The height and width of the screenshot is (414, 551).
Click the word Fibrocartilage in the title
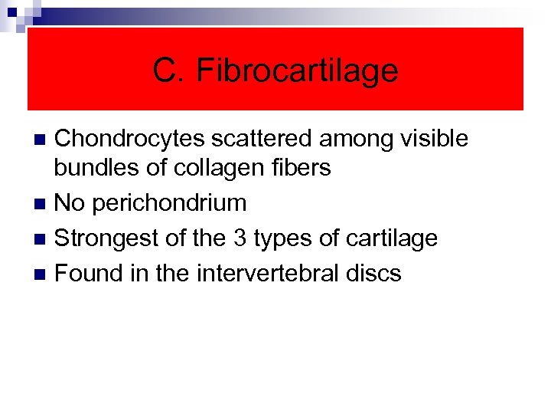click(297, 71)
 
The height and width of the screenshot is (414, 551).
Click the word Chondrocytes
click(129, 139)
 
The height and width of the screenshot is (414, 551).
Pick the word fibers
click(295, 168)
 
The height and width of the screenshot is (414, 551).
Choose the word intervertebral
click(259, 273)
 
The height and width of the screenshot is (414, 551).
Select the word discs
click(373, 273)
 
